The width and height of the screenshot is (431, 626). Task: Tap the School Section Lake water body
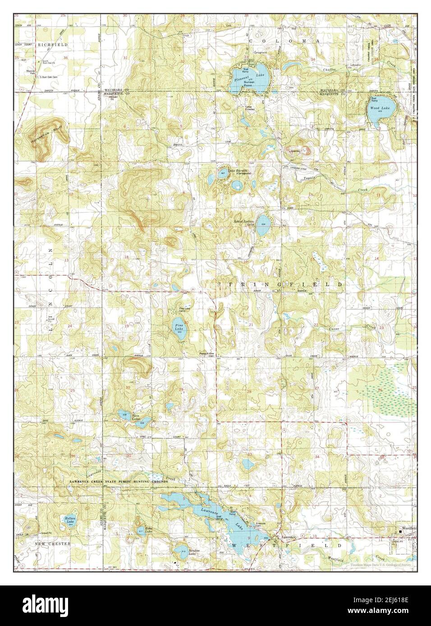tap(264, 223)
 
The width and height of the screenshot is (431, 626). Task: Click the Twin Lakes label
tap(136, 417)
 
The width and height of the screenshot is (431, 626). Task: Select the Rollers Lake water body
tap(69, 523)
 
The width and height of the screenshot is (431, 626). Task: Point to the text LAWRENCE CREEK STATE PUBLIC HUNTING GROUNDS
tap(119, 481)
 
